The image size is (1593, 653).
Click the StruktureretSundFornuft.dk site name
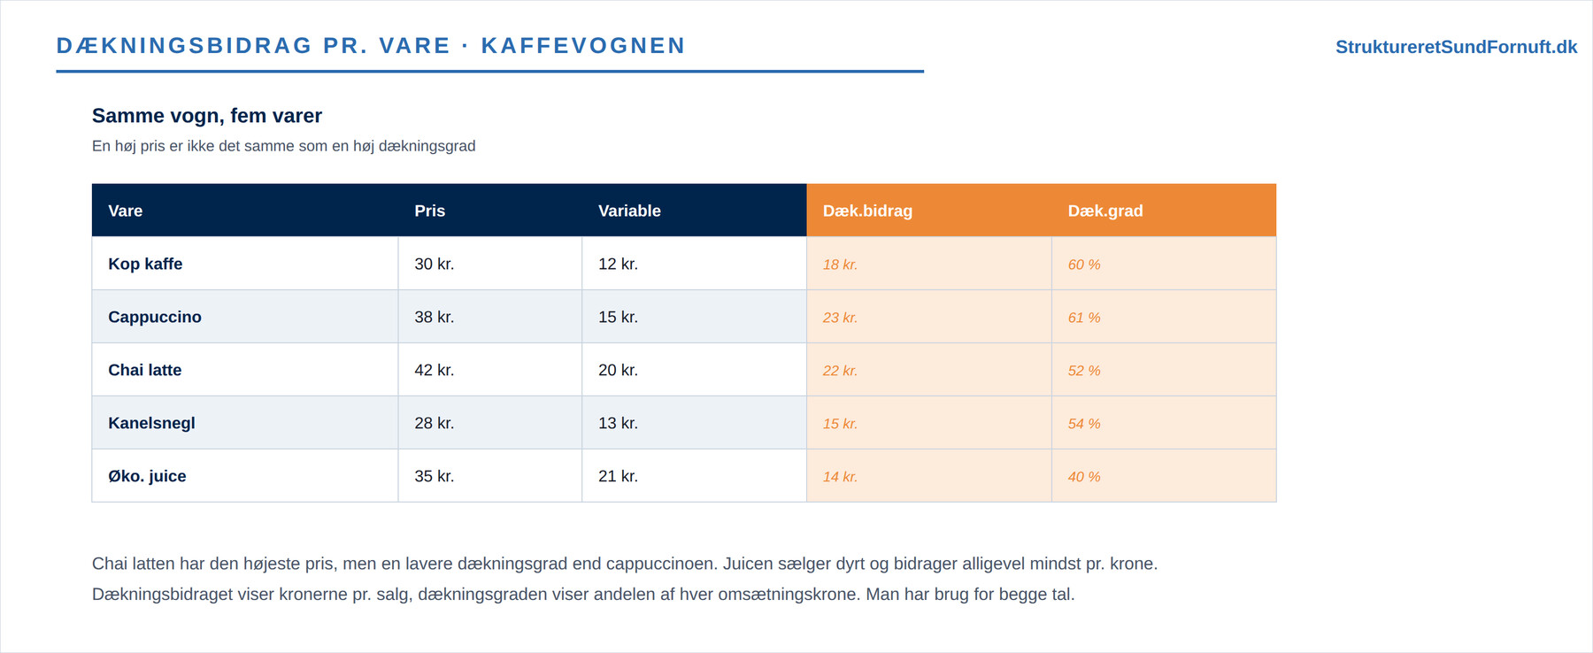point(1456,47)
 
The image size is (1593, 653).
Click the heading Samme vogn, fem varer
point(207,116)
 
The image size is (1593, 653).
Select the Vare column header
point(125,211)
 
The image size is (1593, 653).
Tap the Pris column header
point(429,211)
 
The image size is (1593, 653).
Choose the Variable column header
point(629,211)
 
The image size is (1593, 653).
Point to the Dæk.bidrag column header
point(867,211)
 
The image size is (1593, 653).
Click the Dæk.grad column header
point(1105,211)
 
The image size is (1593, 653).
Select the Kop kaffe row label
point(145,264)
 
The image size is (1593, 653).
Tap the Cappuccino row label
point(155,317)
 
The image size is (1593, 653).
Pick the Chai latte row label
point(144,370)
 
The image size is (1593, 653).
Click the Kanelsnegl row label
point(151,423)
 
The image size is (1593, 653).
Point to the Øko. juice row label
point(147,476)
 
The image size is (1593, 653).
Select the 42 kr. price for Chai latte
point(434,370)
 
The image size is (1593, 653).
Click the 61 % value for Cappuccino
point(1084,318)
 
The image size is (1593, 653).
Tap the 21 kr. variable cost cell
point(618,476)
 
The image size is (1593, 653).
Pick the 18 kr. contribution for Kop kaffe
point(840,265)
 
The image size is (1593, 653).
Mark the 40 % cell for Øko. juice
point(1084,477)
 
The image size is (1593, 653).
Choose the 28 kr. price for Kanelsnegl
point(434,423)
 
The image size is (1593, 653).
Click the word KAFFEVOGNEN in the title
point(583,46)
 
